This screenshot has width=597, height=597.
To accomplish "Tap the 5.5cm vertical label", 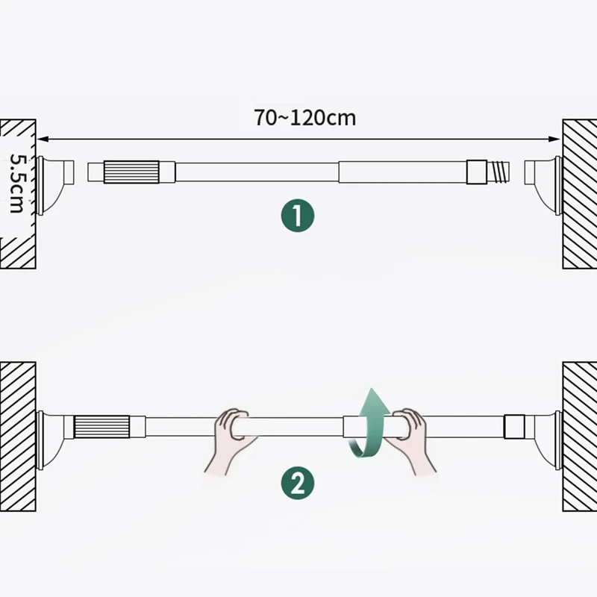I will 16,184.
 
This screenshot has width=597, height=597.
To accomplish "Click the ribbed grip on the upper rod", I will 131,172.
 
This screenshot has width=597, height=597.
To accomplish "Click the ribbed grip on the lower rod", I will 103,428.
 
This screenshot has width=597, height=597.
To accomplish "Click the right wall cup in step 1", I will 543,182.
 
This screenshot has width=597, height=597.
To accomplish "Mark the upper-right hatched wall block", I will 579,194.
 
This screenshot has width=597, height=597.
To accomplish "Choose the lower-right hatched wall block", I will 579,437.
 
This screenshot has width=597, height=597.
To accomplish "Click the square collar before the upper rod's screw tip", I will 476,172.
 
